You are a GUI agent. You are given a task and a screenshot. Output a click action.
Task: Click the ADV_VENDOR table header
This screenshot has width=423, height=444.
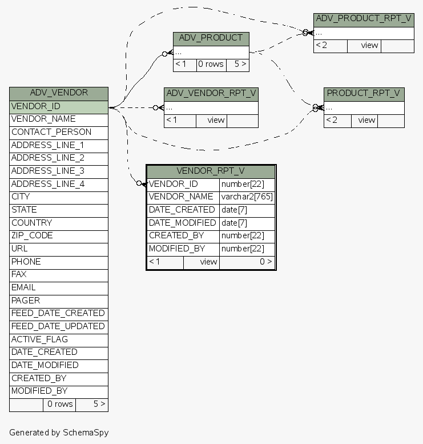coord(59,93)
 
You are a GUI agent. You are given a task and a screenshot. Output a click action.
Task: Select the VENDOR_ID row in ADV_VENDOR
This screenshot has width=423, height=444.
coord(59,106)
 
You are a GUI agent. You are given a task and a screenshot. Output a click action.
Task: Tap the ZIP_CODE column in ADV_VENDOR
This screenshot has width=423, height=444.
coord(59,235)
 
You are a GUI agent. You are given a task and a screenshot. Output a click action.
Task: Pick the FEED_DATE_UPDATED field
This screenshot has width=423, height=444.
coord(59,326)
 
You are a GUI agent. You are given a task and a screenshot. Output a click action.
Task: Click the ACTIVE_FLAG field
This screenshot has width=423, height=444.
coord(59,339)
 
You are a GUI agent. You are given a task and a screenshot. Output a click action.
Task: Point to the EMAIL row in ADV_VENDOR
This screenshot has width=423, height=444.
coord(59,287)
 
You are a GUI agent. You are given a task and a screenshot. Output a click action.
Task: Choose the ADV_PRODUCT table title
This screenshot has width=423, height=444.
coord(211,38)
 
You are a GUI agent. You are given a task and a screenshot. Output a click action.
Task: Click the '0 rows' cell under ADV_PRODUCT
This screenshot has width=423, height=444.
coord(211,64)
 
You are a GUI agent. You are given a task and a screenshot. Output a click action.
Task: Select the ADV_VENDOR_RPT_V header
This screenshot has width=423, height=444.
coord(211,93)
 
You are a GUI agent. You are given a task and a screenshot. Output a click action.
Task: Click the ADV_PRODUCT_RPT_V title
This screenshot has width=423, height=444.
coord(364,19)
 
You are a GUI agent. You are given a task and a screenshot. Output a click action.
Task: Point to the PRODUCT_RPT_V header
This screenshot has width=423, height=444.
coord(364,93)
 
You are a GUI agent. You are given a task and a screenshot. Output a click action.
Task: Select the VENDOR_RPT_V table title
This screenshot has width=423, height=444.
coord(211,171)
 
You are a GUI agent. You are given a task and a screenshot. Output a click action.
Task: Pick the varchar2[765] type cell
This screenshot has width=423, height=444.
coord(247,197)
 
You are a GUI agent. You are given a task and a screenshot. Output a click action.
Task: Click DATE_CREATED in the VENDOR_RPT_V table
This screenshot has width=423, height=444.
coord(182,210)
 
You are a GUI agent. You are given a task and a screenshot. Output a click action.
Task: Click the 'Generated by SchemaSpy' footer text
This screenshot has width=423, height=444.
coord(59,433)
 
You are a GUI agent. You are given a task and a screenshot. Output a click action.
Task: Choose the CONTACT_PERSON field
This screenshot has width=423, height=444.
coord(59,132)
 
